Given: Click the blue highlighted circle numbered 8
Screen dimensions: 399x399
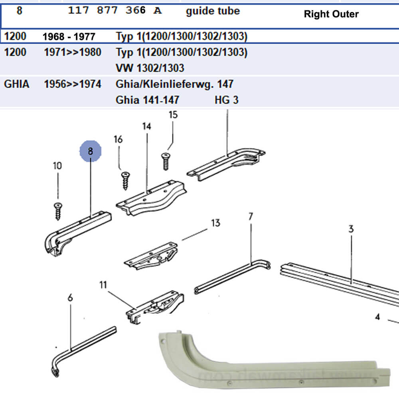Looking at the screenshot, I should tap(90, 151).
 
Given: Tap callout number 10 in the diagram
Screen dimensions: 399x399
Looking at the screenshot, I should tap(57, 166).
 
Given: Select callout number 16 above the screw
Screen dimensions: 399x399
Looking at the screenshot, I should tap(118, 139).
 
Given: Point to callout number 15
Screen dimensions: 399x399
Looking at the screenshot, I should tap(173, 115).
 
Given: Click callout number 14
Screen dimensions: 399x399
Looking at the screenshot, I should tap(147, 126).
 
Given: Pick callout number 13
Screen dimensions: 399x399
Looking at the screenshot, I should tap(215, 223).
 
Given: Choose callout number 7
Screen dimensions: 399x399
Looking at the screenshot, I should tap(251, 217).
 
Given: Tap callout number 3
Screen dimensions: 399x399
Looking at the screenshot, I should tap(351, 229).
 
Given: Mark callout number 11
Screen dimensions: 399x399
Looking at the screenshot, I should tap(104, 285).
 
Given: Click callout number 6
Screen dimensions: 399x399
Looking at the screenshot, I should tap(71, 297).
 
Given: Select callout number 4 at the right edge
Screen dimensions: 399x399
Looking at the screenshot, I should tap(377, 318).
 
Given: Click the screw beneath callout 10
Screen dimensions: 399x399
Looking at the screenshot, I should tap(58, 210).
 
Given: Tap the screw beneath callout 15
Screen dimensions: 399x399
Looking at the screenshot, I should tap(166, 160).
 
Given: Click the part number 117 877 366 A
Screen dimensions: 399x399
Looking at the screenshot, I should tap(115, 11).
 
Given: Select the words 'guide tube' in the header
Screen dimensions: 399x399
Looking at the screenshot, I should tap(213, 11).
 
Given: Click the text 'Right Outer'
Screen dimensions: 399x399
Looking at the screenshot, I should tap(331, 14).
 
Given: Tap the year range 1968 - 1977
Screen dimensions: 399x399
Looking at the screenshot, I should tap(69, 37).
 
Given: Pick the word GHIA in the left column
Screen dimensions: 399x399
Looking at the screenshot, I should tap(16, 84).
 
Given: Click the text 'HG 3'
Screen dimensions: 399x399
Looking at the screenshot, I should tap(226, 100).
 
